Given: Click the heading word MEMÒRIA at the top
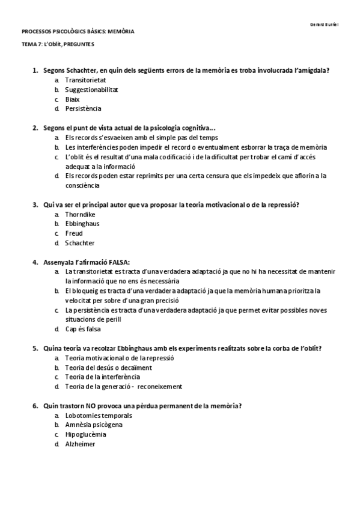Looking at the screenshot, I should coord(121,32).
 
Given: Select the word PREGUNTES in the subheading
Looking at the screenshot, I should coord(78,45).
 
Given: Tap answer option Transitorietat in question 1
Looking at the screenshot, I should coord(87,79).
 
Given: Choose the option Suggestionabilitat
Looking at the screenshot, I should coord(91,89).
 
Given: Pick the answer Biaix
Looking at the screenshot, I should coord(73,99).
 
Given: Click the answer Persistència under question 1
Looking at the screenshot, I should coord(84,108).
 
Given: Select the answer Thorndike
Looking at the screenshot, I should coord(81,214).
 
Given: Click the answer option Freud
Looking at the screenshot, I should coord(74,233).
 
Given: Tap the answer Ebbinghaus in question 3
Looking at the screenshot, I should coord(82,224).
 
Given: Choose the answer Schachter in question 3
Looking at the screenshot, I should coord(80,243).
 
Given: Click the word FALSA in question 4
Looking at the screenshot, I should coord(119,262).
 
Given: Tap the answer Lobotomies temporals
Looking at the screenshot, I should coord(99,415).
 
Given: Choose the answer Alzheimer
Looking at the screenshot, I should coord(80,444).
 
